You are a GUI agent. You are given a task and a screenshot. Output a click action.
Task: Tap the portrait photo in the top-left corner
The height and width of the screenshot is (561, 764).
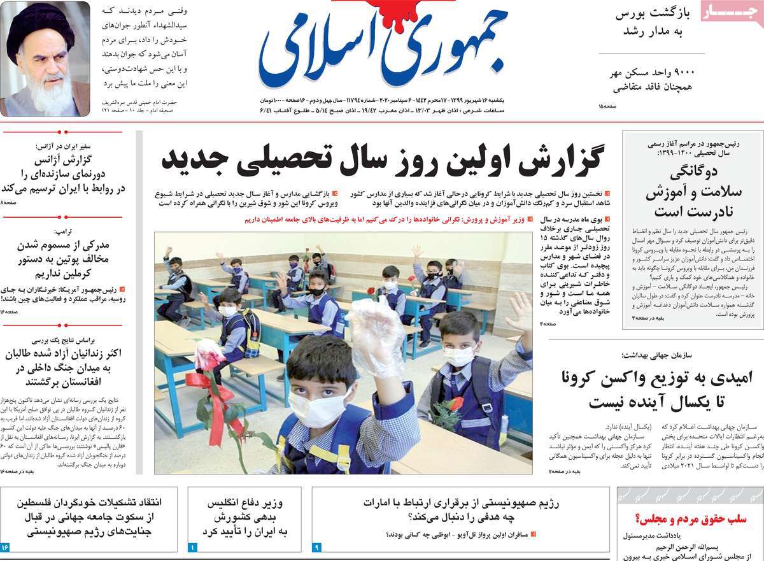coord(45,59)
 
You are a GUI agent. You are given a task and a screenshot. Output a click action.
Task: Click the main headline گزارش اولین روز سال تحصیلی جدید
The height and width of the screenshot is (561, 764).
coord(382,159)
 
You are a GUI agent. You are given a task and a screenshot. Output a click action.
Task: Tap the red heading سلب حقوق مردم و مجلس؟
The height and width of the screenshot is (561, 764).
coord(691,519)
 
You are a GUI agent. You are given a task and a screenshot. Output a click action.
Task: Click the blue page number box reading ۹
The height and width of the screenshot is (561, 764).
coord(318,547)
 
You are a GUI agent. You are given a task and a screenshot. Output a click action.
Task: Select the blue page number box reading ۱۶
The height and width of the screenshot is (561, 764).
coord(6,547)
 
